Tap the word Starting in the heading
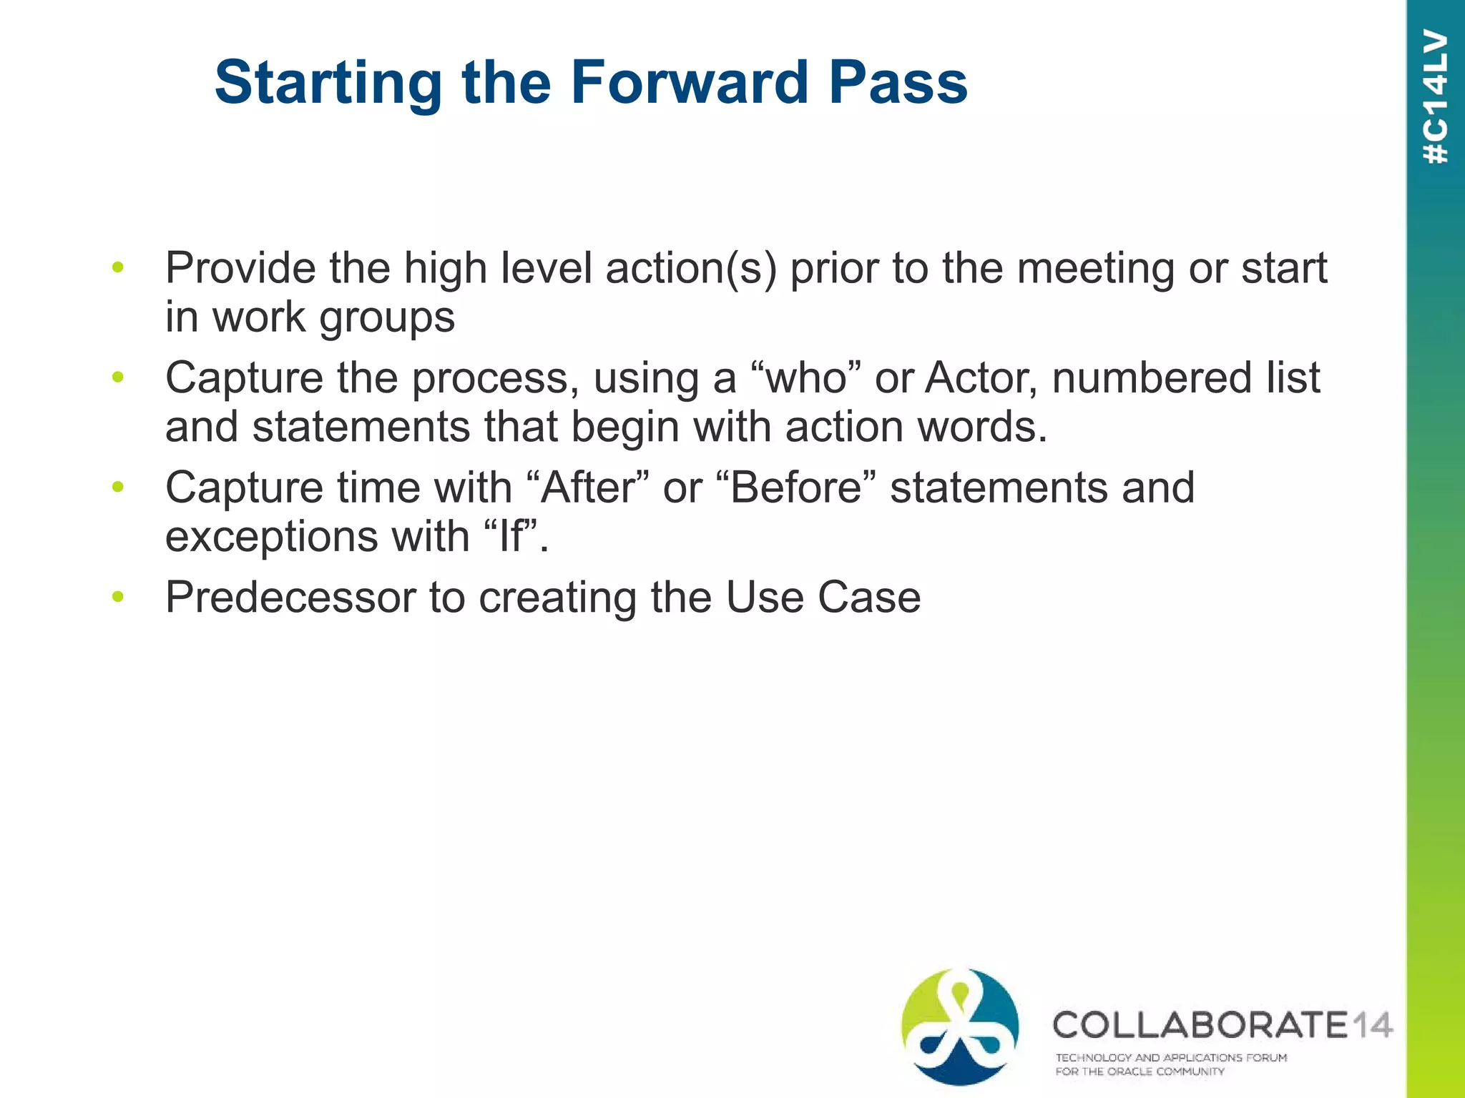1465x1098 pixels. pos(328,84)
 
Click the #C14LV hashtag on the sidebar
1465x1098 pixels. pos(1436,97)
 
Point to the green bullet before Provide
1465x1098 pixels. pos(118,267)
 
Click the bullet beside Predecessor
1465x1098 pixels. pos(118,596)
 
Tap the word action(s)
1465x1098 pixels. pos(691,268)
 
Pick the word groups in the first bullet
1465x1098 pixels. pos(387,318)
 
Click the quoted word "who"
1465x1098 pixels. pos(806,377)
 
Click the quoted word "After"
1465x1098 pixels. pos(587,488)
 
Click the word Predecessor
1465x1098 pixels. pos(290,597)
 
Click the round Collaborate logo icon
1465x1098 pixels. pos(960,1027)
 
